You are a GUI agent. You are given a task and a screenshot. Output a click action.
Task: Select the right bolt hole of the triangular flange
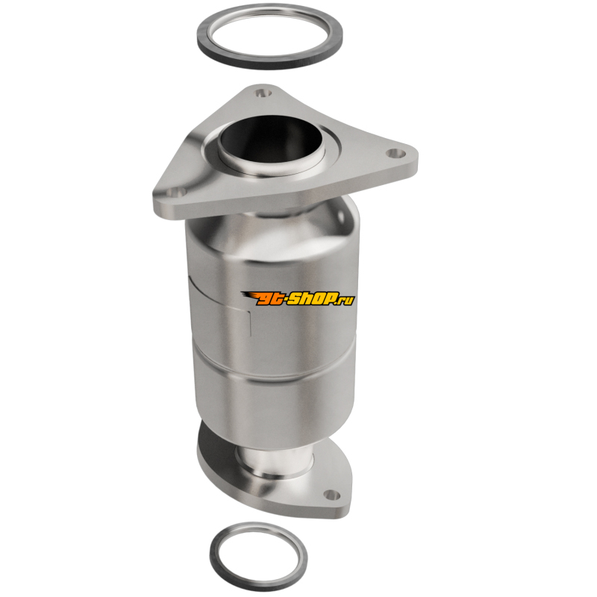point(396,153)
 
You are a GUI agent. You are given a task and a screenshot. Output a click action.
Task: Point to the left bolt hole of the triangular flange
point(176,193)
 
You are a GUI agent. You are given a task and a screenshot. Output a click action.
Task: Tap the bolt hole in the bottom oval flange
point(331,495)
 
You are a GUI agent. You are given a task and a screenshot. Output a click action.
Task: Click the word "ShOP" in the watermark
point(312,299)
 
